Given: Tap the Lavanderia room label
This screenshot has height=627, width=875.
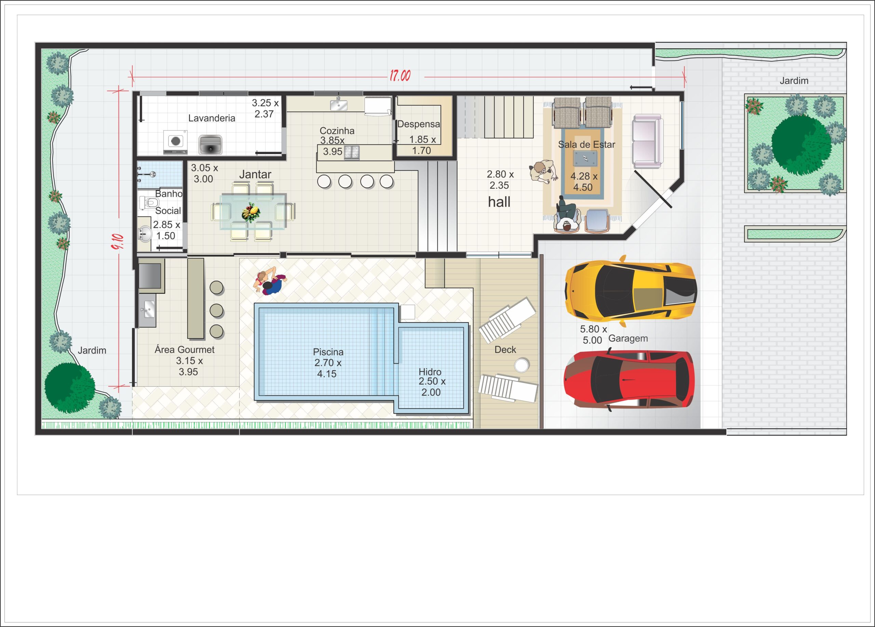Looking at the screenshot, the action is click(x=212, y=118).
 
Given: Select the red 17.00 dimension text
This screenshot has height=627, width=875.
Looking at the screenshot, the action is click(x=400, y=76).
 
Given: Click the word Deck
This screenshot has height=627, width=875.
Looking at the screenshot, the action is click(x=505, y=350).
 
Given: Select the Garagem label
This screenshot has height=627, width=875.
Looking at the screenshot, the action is click(x=628, y=339).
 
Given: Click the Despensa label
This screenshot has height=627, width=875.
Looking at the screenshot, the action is click(x=419, y=124).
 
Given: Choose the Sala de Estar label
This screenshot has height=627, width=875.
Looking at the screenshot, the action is click(x=587, y=145).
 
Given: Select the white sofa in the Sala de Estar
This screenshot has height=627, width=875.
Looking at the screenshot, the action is click(x=648, y=141).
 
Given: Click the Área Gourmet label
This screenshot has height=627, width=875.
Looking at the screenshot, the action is click(x=185, y=350).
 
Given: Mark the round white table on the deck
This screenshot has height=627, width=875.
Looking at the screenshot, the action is click(x=521, y=365).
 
